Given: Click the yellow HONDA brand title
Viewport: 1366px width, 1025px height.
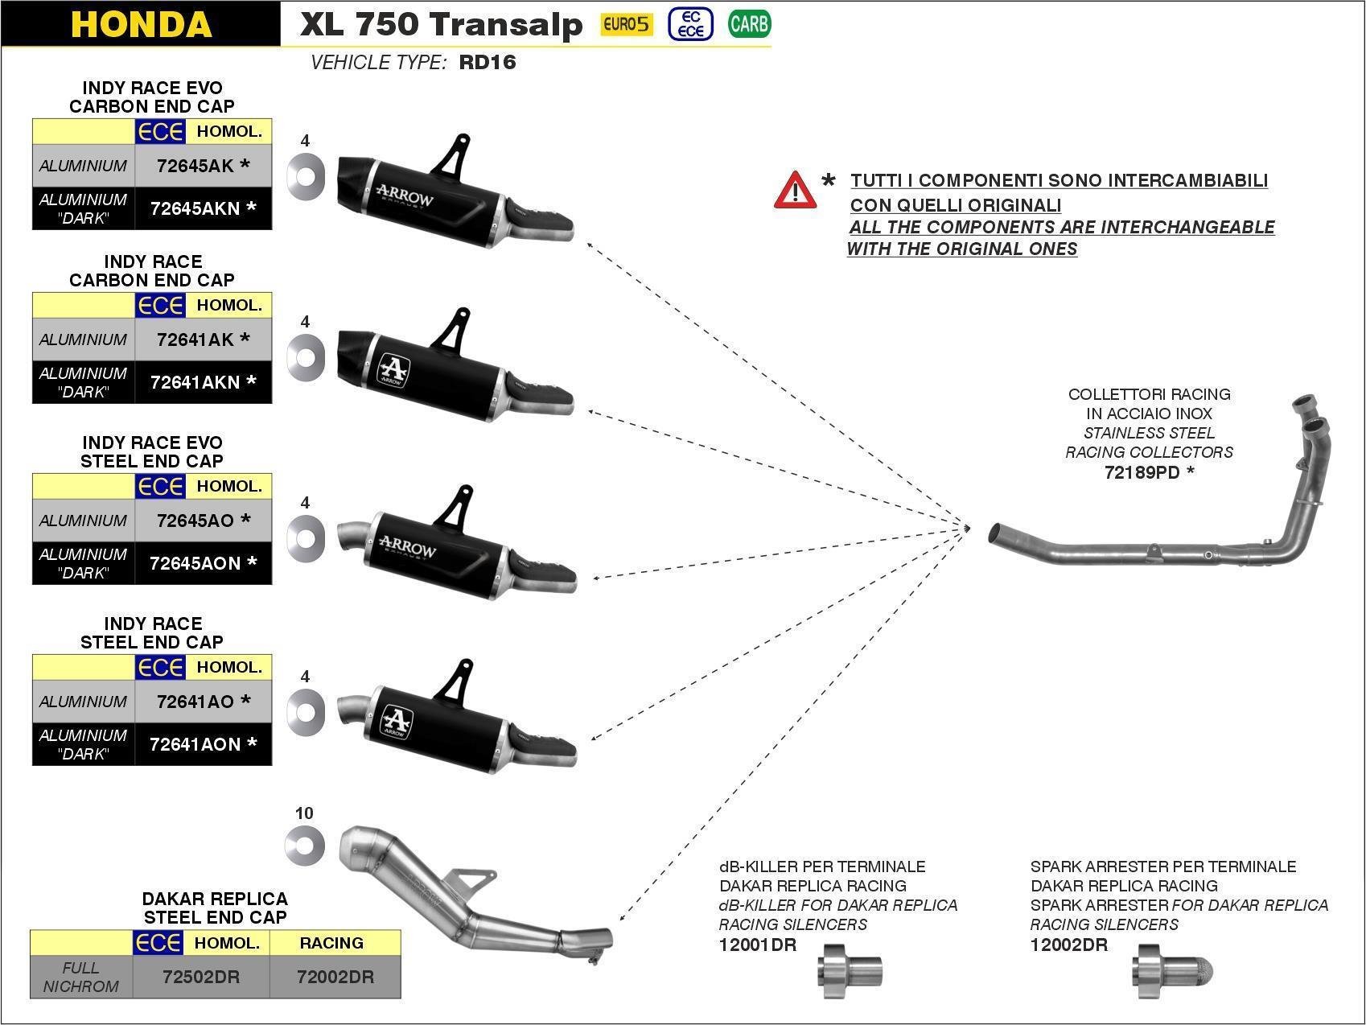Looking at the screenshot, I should point(141,24).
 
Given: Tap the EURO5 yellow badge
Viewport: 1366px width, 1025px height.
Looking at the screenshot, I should point(627,24).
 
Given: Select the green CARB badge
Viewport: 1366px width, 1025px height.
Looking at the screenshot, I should point(749,24).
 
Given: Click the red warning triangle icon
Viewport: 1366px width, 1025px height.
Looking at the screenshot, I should point(795,191).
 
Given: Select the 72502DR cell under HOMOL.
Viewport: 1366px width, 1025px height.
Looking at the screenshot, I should point(201,977).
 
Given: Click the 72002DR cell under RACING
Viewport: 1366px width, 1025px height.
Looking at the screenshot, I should point(335,977).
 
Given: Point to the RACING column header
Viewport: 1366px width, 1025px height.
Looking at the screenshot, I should point(331,943).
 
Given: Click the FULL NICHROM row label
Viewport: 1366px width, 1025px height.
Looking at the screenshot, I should point(80,977).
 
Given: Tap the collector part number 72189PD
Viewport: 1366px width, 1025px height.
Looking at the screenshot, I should point(1142,472).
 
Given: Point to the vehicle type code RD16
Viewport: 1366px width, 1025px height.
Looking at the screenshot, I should point(487,63).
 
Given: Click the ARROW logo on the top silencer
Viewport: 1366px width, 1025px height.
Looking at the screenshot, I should point(405,197).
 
